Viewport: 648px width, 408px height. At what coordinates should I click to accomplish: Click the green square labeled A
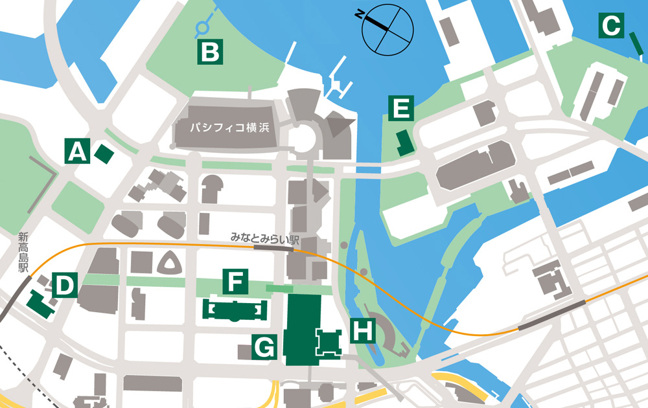(x=76, y=152)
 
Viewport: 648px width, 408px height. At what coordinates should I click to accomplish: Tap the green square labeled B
(x=210, y=51)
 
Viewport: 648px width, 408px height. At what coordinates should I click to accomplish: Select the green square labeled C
(x=610, y=27)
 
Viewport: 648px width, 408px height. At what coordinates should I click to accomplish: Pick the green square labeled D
(x=65, y=285)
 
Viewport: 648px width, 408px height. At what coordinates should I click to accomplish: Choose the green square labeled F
(x=236, y=282)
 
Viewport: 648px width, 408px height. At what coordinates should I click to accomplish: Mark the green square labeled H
(x=362, y=331)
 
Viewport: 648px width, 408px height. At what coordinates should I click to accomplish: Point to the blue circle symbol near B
(x=203, y=27)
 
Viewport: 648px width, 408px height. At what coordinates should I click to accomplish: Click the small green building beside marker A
(x=104, y=153)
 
